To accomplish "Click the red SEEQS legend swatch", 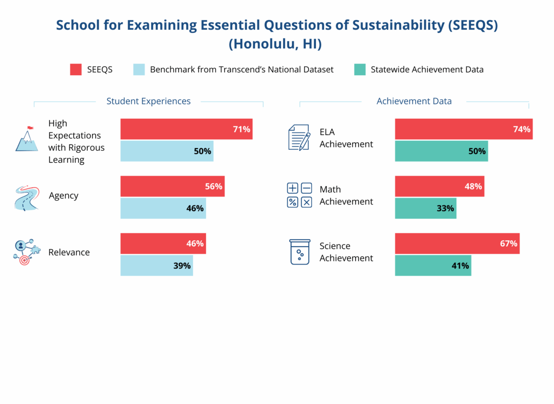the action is pos(76,69).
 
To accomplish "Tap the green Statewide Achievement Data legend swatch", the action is pos(360,69).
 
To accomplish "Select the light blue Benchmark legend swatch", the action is pos(139,69).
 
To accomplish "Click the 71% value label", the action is pos(242,129).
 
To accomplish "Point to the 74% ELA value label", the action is pos(522,129).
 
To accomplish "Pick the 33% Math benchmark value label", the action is pos(445,208).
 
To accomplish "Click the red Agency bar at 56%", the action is pos(172,186).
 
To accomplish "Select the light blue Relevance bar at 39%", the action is pos(157,265).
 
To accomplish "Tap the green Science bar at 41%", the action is pos(433,265).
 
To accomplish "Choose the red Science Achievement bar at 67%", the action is pos(457,243).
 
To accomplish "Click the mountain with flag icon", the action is pos(26,138).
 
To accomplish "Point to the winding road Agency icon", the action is pos(27,198).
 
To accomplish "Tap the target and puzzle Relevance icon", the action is pos(27,252).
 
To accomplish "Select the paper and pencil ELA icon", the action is pos(299,137).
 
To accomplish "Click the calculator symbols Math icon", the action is pos(300,195).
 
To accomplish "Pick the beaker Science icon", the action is pos(300,252).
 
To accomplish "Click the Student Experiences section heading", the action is pos(148,101).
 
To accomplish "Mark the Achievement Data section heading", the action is pos(414,101).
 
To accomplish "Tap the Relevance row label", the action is pos(69,252).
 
